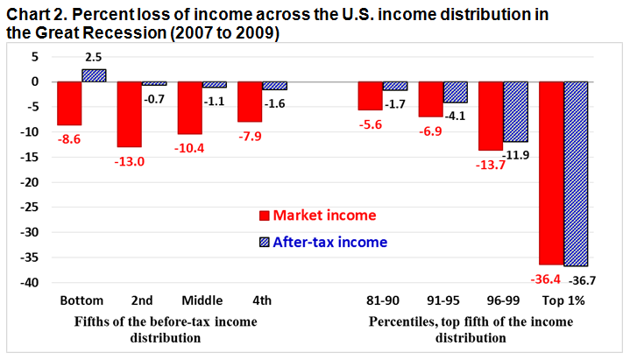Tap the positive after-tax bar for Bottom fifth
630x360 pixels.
(94, 75)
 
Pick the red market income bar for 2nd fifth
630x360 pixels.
(130, 114)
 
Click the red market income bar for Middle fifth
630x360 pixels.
(190, 108)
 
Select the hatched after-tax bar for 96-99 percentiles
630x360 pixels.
(515, 111)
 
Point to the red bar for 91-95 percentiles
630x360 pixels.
(430, 99)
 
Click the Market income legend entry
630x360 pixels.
(313, 215)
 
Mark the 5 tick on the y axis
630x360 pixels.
(36, 56)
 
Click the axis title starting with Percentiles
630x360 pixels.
(471, 329)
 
